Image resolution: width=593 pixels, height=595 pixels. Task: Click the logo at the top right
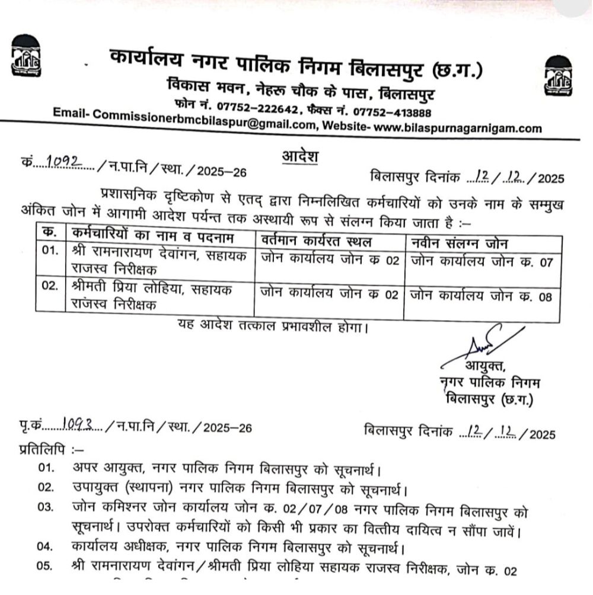560,76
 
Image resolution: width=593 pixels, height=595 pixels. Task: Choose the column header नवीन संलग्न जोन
460,243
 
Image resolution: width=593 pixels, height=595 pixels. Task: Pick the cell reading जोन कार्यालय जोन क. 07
482,261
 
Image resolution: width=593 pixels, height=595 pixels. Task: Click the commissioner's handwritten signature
481,346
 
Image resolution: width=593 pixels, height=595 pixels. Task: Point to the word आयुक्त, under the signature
485,366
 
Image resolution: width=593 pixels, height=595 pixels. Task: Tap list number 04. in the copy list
46,546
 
